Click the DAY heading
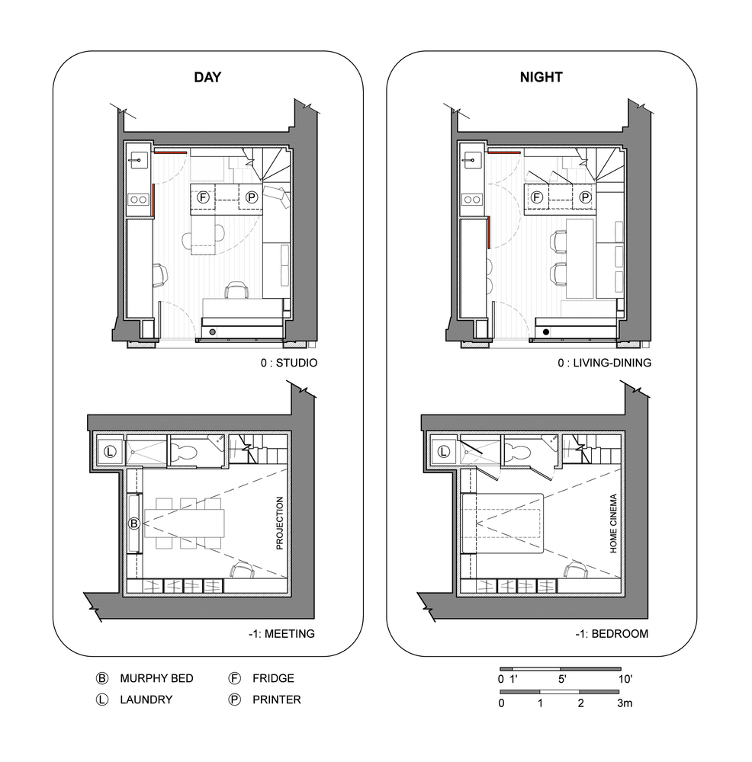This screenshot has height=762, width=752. coord(207,77)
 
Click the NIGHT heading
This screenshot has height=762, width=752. coord(542,77)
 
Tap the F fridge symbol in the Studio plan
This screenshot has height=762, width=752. coord(203,197)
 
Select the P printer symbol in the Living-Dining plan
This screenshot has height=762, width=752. coord(585,197)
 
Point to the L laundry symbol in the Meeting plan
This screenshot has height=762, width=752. coord(110,451)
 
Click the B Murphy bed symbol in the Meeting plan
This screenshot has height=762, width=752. coord(133,523)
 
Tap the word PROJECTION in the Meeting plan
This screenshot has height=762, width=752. coord(280,523)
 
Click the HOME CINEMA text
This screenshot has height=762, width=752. coord(613,523)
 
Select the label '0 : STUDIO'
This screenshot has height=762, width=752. coord(289,363)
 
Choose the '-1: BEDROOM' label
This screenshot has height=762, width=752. coord(612,634)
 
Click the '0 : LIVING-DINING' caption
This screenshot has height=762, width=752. coord(605,363)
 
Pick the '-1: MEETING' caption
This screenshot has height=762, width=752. coord(281,634)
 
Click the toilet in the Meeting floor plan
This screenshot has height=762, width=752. coord(183,452)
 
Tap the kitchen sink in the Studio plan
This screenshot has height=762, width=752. coord(139,160)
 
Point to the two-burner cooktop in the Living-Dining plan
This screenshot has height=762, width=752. coord(472,199)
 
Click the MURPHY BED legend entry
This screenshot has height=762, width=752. coord(156,678)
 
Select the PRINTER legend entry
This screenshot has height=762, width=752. coord(277,700)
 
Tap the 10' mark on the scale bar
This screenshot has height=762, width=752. coord(625,679)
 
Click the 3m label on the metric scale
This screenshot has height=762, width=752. coord(625,703)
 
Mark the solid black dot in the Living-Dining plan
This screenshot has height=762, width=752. coord(546,332)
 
